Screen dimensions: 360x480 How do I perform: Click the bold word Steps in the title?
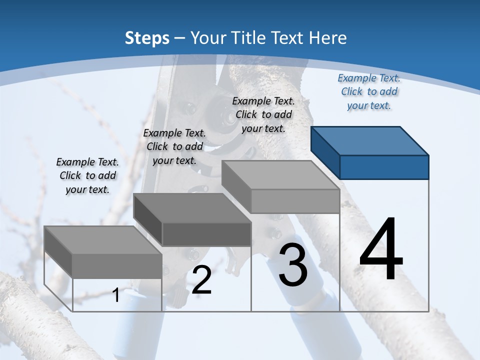[x=147, y=38]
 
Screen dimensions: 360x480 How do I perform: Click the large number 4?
[x=381, y=250]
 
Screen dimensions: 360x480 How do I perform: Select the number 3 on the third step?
[x=293, y=265]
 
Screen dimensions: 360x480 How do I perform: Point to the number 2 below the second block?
[x=201, y=280]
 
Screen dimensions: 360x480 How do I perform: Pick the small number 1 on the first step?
[x=116, y=295]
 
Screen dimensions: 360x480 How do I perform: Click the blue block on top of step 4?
[x=370, y=152]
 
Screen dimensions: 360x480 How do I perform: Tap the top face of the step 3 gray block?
[x=280, y=175]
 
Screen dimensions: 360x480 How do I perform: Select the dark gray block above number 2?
[x=192, y=220]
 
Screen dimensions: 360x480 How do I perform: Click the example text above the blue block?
[x=369, y=91]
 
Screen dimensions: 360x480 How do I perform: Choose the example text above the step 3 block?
[x=263, y=114]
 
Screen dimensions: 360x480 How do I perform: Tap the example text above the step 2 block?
[x=174, y=146]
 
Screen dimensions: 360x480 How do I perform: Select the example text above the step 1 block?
[x=87, y=175]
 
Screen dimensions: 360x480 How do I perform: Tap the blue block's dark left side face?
[x=325, y=152]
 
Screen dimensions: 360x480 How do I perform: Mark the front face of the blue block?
[x=384, y=167]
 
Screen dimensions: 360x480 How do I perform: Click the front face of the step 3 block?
[x=295, y=201]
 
